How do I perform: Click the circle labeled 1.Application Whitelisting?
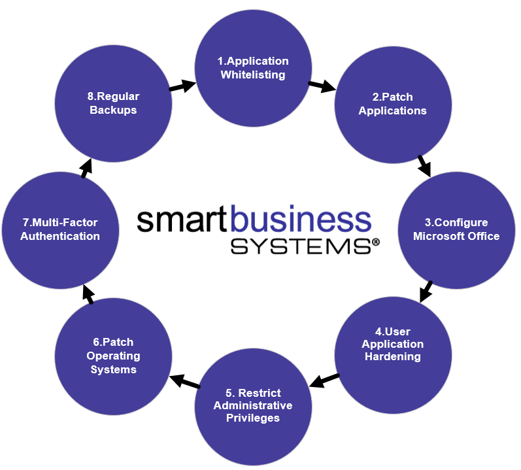[253, 68]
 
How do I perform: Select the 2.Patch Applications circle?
[393, 104]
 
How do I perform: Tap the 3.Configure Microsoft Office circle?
[456, 229]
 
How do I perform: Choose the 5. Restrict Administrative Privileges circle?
[253, 405]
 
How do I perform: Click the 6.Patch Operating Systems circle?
[113, 356]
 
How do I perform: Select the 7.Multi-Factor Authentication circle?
[60, 229]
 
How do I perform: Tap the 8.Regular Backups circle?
[113, 103]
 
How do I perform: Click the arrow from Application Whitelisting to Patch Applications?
[322, 86]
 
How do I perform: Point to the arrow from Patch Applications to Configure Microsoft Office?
[424, 165]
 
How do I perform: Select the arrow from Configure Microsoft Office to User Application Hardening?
[426, 291]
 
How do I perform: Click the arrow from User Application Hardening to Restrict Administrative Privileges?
[324, 379]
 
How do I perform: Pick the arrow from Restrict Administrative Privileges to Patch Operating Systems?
[185, 381]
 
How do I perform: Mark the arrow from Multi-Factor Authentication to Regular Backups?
[86, 167]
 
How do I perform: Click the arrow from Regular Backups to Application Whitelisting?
[182, 86]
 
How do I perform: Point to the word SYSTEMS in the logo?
[299, 246]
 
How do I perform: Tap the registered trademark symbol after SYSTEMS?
[375, 242]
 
